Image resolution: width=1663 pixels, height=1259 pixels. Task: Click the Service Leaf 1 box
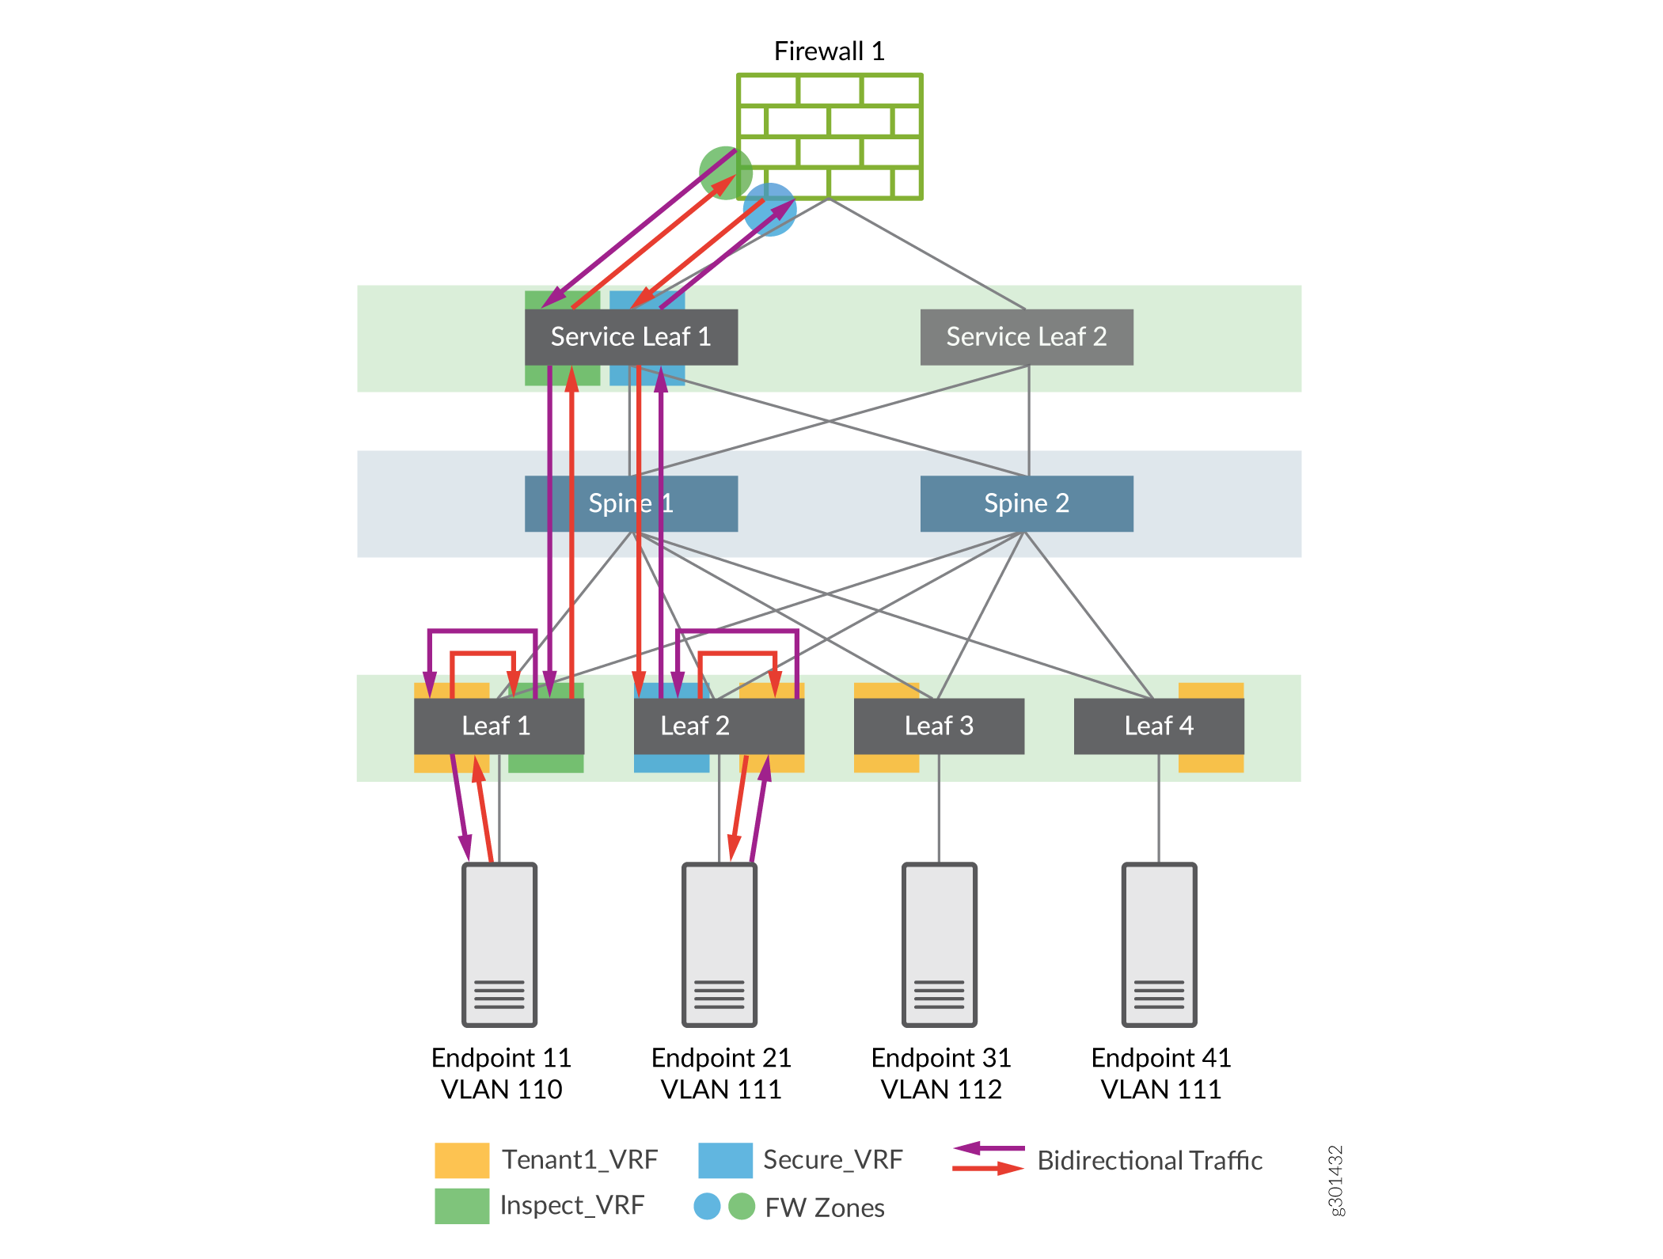point(631,337)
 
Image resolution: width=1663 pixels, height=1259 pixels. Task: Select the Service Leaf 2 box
point(1027,337)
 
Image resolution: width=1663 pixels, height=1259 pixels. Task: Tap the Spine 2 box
point(1027,503)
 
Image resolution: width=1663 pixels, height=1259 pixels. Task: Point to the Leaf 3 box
point(939,726)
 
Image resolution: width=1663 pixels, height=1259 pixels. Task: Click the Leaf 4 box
point(1159,726)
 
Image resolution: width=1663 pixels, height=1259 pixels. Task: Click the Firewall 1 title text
point(829,51)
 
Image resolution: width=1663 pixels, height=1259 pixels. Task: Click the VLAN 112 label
point(941,1090)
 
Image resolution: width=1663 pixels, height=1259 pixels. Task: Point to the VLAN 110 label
point(501,1090)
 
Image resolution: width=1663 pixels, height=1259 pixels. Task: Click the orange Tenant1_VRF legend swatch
point(461,1160)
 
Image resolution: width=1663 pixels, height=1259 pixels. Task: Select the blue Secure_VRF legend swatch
point(725,1160)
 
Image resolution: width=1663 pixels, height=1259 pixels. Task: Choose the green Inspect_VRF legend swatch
point(461,1206)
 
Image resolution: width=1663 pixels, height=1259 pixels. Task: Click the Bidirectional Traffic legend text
point(1149,1161)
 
